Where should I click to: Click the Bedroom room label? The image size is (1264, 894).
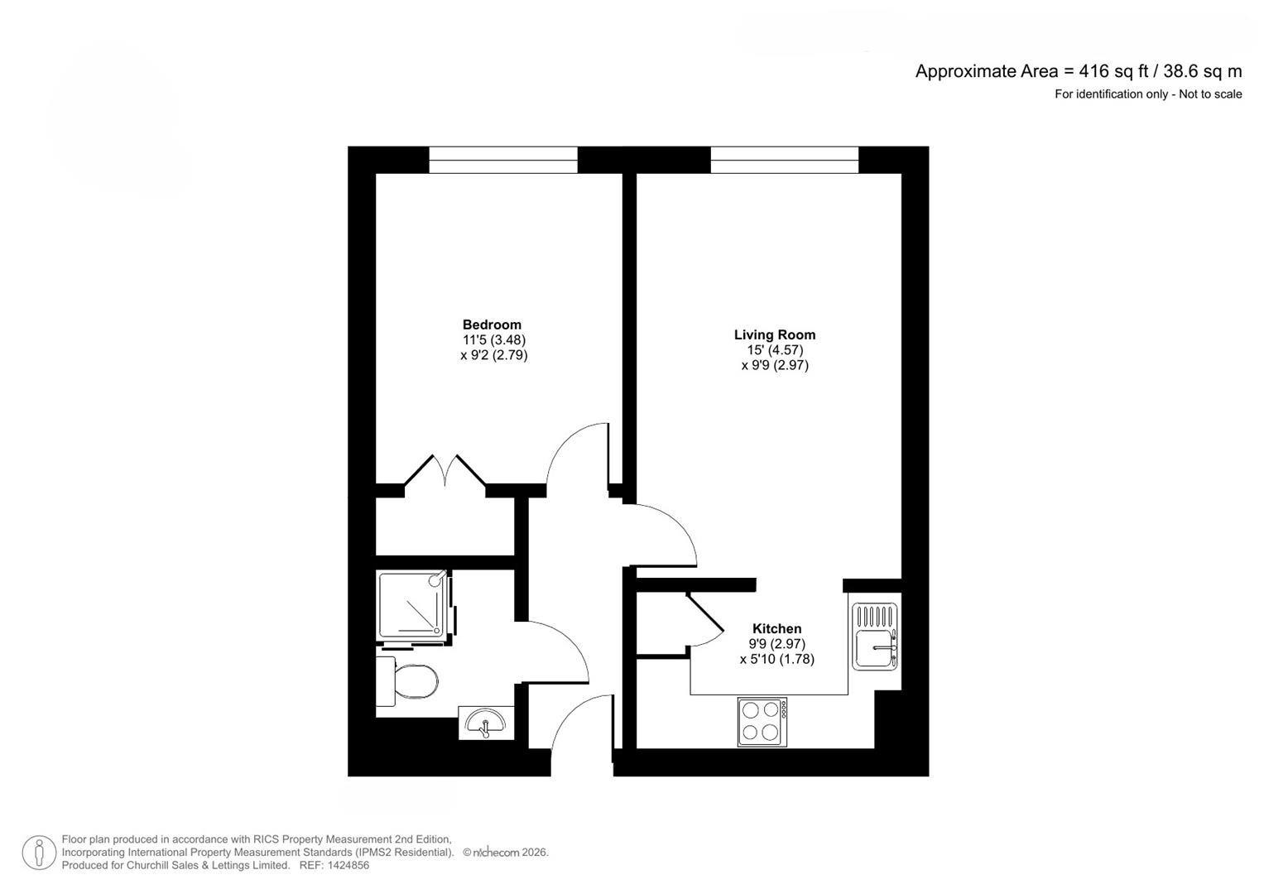[492, 324]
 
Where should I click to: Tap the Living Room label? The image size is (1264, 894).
[775, 334]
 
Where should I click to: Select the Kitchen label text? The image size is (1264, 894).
[777, 628]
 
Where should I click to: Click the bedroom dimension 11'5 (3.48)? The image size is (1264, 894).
[493, 339]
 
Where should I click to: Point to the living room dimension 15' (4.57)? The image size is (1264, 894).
[775, 350]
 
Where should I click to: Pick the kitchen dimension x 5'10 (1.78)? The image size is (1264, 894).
[777, 659]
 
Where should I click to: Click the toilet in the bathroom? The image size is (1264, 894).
[407, 681]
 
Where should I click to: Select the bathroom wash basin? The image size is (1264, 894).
[486, 723]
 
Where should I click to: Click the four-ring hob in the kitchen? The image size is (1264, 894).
[762, 723]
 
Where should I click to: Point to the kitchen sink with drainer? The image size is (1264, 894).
[874, 637]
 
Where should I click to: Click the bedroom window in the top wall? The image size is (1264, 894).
[503, 160]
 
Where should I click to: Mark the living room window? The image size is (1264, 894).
[785, 160]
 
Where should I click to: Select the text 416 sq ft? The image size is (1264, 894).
[1113, 71]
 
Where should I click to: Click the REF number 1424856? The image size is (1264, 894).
[334, 865]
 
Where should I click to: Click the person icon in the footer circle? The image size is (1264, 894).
[39, 853]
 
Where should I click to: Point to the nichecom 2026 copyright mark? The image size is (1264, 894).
[506, 853]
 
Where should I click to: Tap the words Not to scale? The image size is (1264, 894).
[1210, 94]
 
